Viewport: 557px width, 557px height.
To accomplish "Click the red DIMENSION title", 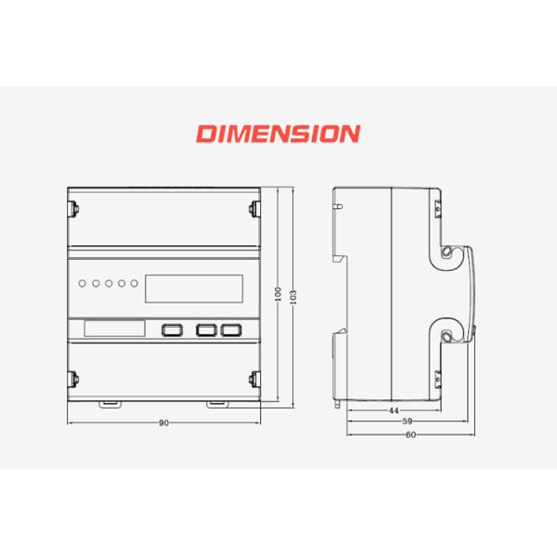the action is tap(278, 134).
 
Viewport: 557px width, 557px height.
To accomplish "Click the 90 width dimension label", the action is tap(163, 423).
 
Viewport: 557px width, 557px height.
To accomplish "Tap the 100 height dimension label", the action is tap(278, 294).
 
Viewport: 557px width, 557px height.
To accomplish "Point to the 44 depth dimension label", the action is tap(394, 410).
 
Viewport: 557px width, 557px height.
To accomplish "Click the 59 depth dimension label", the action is tap(408, 421).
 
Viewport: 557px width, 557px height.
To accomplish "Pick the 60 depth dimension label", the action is tap(410, 434).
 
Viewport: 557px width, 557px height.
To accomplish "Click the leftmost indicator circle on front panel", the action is tap(82, 283).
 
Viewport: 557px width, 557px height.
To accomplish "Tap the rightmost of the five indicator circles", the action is tap(134, 283).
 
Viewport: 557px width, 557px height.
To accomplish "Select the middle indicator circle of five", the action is tap(109, 283).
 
